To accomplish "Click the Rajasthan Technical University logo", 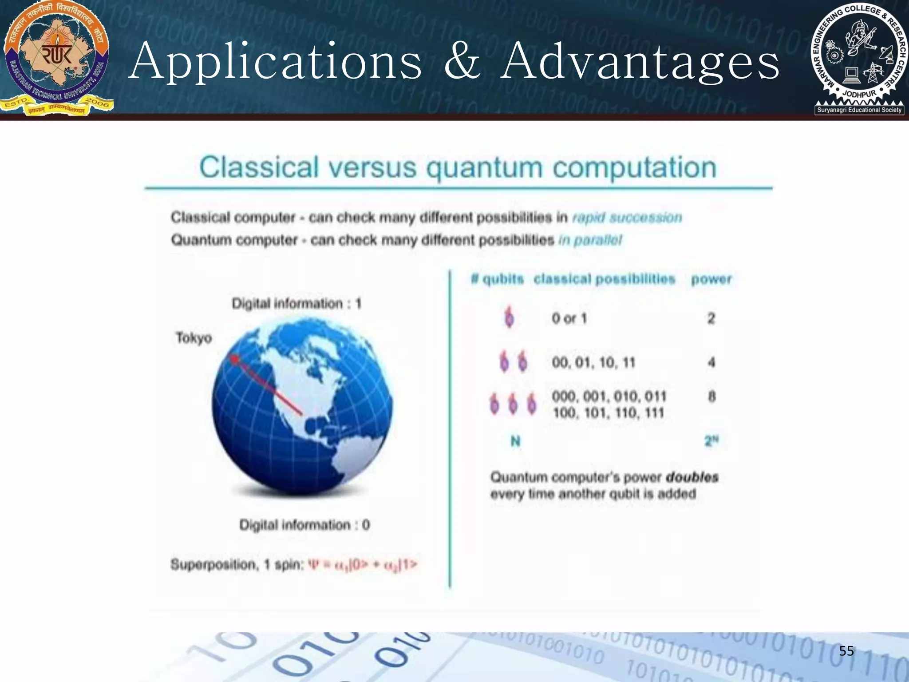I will [57, 58].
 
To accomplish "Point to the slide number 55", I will [846, 651].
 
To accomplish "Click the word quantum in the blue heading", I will [484, 168].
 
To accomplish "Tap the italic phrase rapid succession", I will [627, 218].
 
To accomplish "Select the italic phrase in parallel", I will [590, 240].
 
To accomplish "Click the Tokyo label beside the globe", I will [194, 338].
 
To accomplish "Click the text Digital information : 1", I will [296, 304].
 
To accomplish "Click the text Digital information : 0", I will [304, 525].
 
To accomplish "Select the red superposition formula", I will [363, 565].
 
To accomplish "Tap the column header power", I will [711, 279].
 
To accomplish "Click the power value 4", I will [711, 362].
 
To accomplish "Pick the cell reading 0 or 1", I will [569, 318].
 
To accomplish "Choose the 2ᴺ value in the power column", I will [711, 441].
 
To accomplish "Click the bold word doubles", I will [692, 477].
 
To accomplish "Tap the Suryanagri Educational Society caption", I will [859, 110].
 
